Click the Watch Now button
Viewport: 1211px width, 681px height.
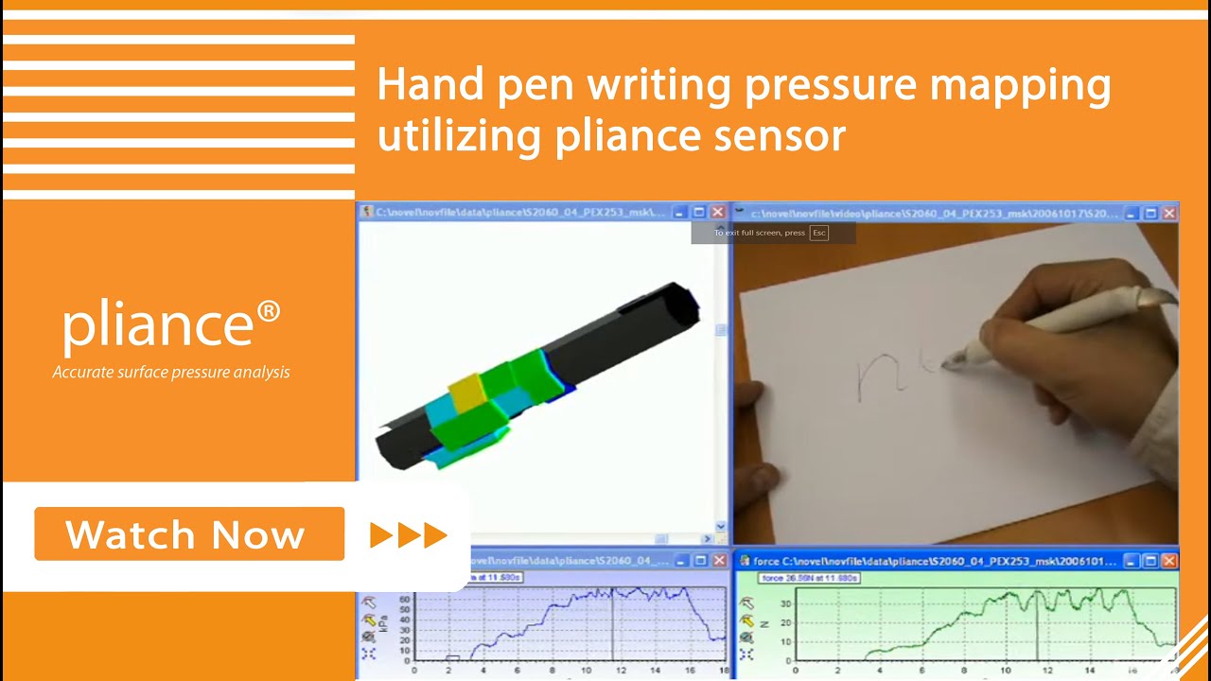coord(189,534)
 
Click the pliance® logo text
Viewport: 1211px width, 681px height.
coord(171,323)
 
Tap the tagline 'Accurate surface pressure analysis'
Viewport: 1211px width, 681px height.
coord(171,373)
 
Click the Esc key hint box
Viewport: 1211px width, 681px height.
coord(819,233)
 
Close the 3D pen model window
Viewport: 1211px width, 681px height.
coord(718,213)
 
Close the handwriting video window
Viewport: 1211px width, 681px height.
coord(1168,213)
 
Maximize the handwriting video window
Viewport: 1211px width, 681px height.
coord(1150,213)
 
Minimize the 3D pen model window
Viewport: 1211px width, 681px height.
coord(680,213)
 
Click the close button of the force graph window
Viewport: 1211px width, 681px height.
coord(1168,561)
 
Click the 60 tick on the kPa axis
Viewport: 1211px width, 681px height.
coord(405,599)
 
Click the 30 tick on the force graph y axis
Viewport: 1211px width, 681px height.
coord(784,602)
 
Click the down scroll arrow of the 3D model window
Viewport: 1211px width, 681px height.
coord(721,526)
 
